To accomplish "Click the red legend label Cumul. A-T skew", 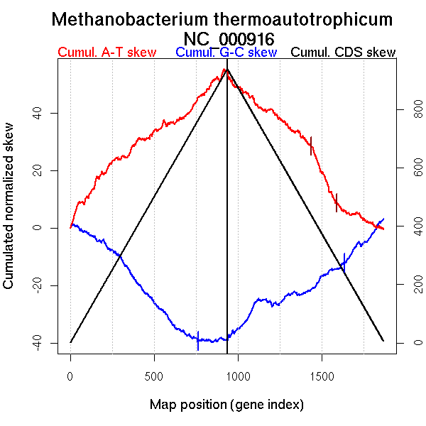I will pyautogui.click(x=106, y=53).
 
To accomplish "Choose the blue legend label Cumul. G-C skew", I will pyautogui.click(x=226, y=53).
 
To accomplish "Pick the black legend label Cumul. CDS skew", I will pyautogui.click(x=344, y=53).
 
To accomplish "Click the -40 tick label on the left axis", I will pyautogui.click(x=33, y=343).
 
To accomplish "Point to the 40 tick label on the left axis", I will pyautogui.click(x=33, y=113).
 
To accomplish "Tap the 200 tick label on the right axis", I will pyautogui.click(x=410, y=285).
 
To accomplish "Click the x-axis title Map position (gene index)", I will pyautogui.click(x=226, y=405).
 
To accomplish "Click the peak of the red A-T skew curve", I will pyautogui.click(x=224, y=69).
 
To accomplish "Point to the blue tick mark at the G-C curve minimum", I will pyautogui.click(x=198, y=341).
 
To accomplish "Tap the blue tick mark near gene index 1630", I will pyautogui.click(x=344, y=262).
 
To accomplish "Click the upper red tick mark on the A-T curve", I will pyautogui.click(x=311, y=146).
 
